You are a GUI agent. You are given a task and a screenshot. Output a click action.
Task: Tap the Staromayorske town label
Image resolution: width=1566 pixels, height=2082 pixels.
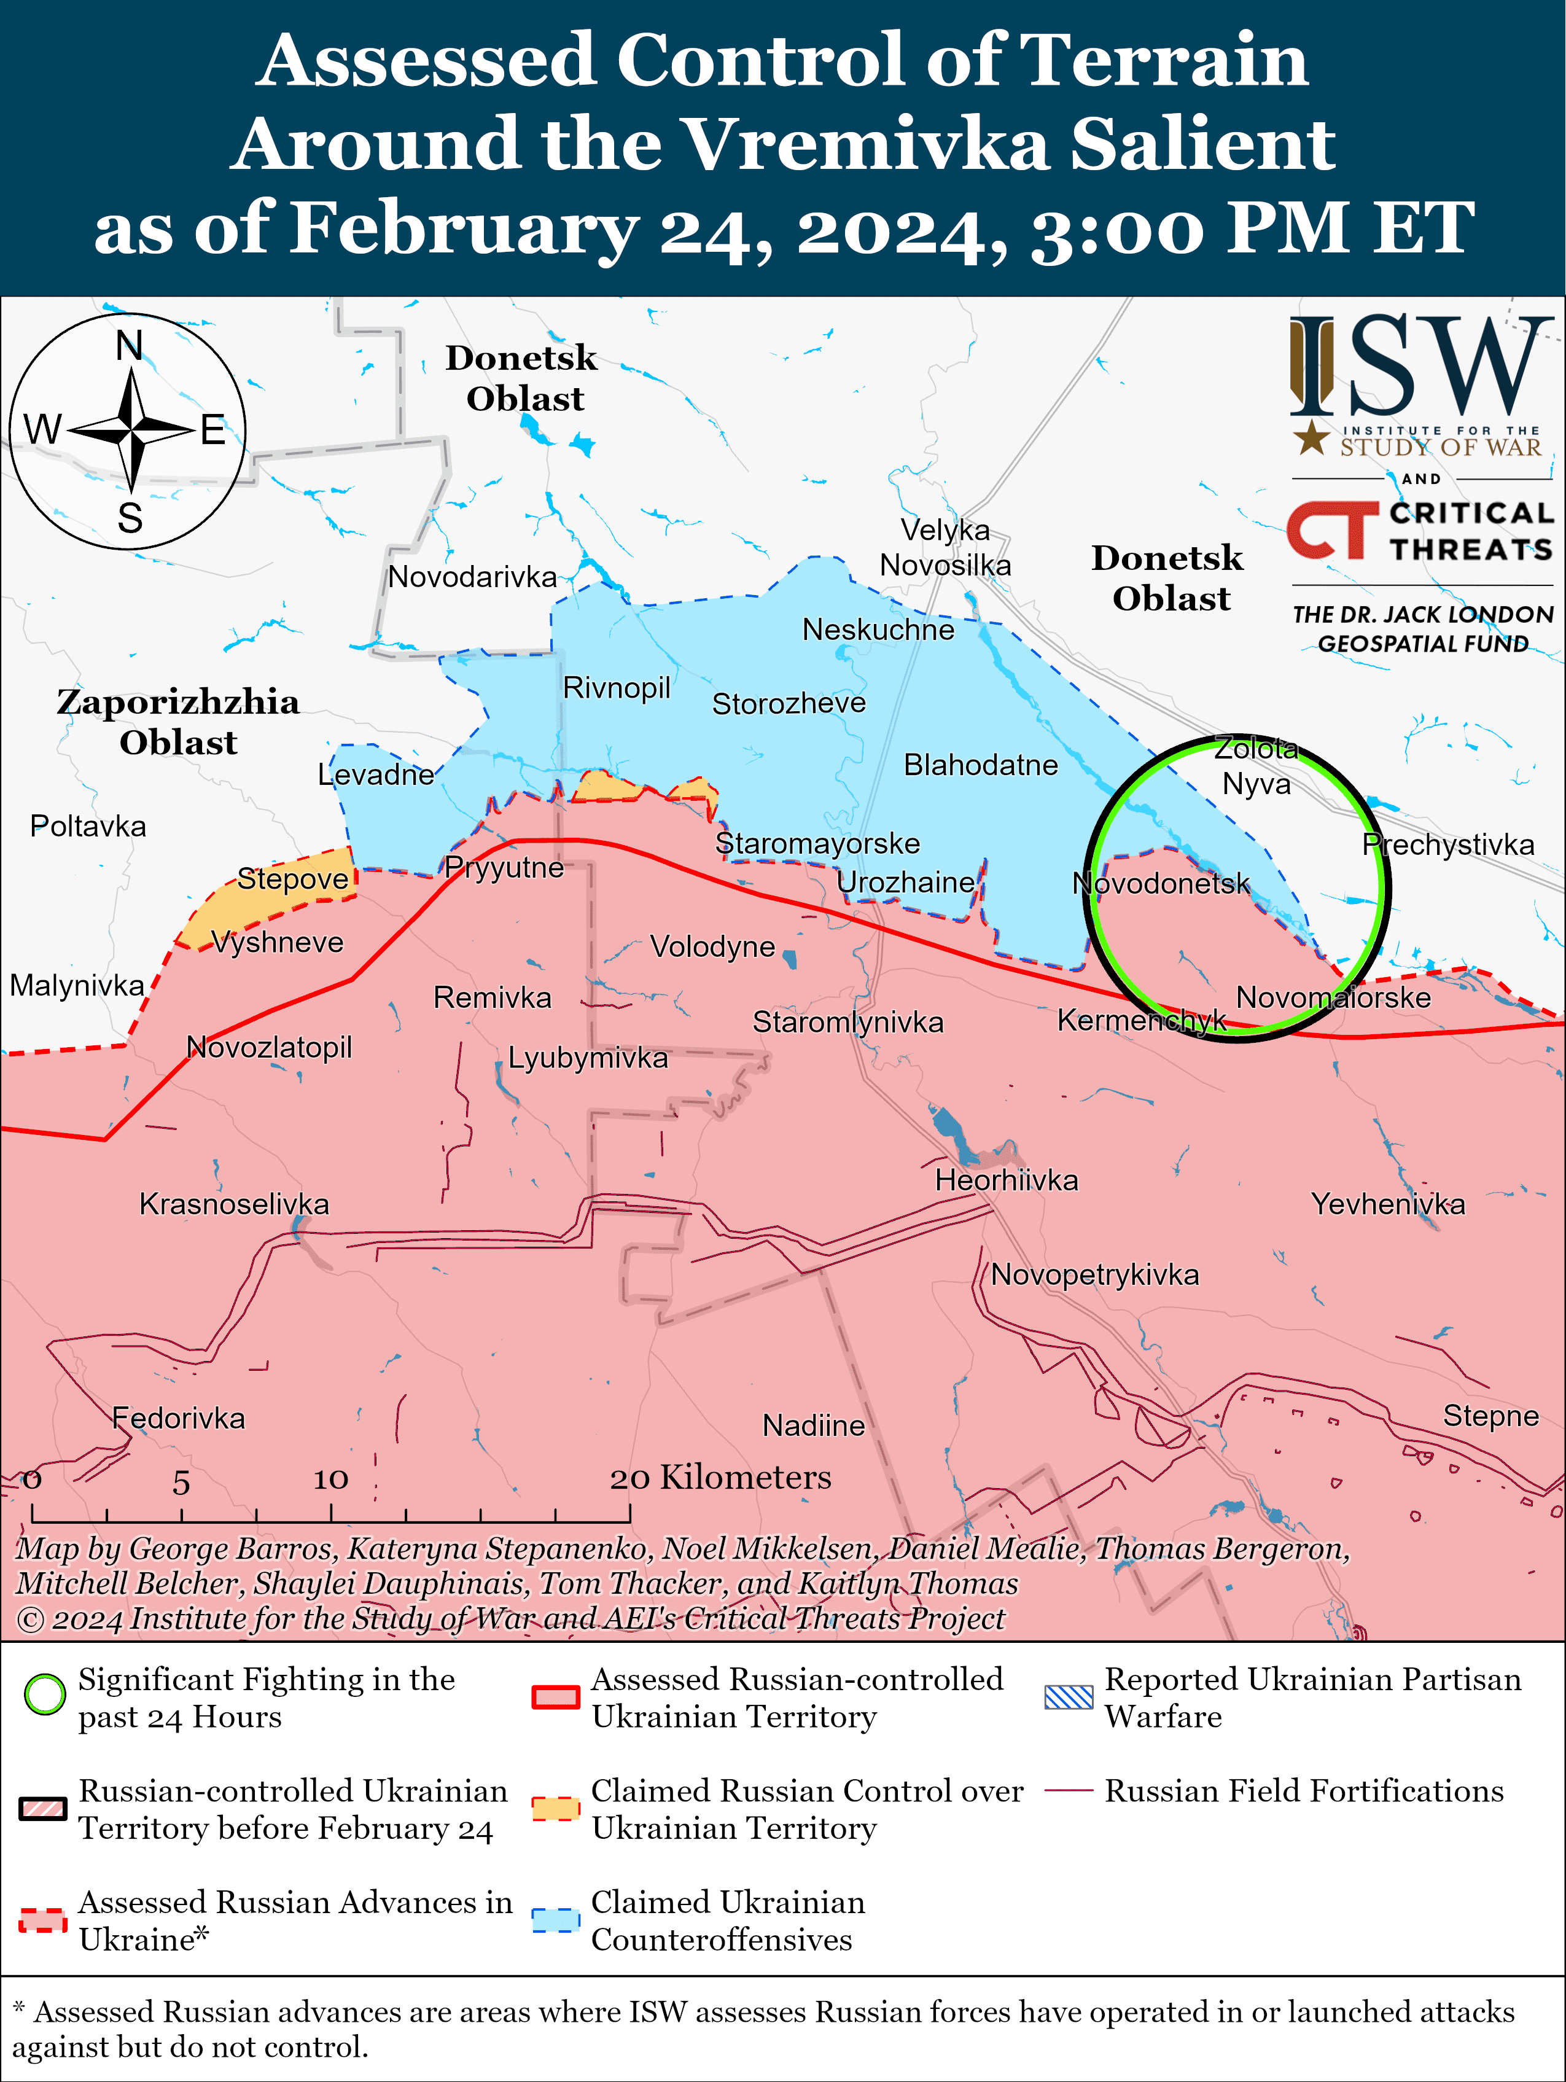pyautogui.click(x=817, y=843)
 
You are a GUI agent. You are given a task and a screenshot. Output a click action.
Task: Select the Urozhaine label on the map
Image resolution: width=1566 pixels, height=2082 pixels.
pyautogui.click(x=905, y=883)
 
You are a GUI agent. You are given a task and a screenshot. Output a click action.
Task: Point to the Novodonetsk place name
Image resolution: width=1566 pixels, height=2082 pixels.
pyautogui.click(x=1161, y=883)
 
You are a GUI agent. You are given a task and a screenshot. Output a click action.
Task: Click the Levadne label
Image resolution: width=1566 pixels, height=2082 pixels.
pyautogui.click(x=375, y=774)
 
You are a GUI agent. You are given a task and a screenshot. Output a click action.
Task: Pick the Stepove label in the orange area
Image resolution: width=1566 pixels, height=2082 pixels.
pyautogui.click(x=293, y=878)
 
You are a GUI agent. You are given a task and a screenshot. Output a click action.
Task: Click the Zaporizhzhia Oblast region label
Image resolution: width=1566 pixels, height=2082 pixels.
pyautogui.click(x=178, y=722)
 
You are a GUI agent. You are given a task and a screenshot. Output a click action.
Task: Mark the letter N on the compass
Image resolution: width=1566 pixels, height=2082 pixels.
pyautogui.click(x=129, y=346)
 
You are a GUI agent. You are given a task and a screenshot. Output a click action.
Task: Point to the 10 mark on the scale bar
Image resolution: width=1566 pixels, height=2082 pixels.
pyautogui.click(x=330, y=1479)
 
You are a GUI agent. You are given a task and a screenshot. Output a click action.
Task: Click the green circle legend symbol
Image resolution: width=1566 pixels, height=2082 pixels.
pyautogui.click(x=44, y=1695)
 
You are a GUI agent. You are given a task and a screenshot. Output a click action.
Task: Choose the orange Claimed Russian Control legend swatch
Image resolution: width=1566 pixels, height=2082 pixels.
pyautogui.click(x=555, y=1808)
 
